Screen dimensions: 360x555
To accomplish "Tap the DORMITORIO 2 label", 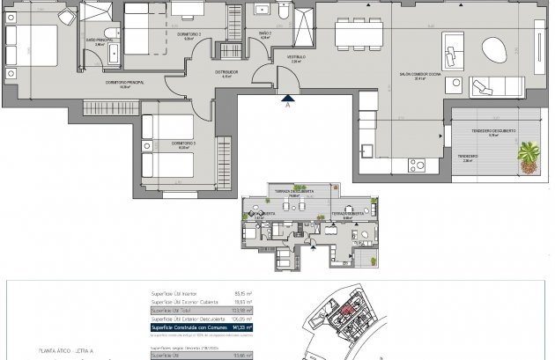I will [x=189, y=35].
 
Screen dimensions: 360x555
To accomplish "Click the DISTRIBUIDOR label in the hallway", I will [x=227, y=71].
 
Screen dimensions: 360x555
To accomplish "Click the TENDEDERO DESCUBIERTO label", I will [x=492, y=130].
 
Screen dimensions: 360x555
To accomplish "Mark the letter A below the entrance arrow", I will [x=286, y=103].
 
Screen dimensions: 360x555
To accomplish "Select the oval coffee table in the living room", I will [x=494, y=49].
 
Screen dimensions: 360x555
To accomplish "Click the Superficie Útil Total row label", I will [x=173, y=310].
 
